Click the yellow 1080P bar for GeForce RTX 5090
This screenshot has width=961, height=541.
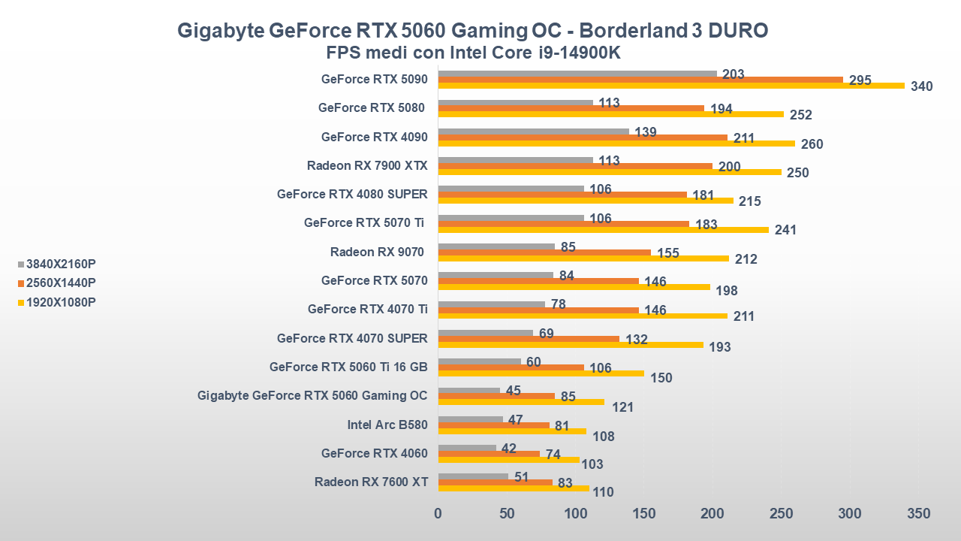tap(671, 86)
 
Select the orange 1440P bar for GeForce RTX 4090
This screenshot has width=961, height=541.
tap(583, 138)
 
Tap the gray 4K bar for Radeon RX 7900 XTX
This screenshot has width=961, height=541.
tap(515, 160)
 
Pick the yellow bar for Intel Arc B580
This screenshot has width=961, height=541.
tap(512, 431)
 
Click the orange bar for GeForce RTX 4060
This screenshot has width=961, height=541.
tap(489, 454)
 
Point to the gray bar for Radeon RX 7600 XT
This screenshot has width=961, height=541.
tap(473, 476)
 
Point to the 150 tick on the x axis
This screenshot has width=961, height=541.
tap(644, 514)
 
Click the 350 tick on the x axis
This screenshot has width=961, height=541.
tap(918, 514)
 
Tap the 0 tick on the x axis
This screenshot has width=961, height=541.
tap(438, 514)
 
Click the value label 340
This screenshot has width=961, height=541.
tap(921, 86)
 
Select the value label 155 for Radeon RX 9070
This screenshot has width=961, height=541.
tap(667, 253)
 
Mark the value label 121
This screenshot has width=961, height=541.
tap(622, 407)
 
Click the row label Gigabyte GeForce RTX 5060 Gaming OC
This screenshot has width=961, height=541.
tap(312, 396)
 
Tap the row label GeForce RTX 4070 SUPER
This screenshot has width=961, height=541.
tap(352, 339)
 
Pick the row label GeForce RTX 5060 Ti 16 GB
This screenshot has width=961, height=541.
tap(348, 367)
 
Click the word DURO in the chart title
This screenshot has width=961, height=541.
tap(739, 31)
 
